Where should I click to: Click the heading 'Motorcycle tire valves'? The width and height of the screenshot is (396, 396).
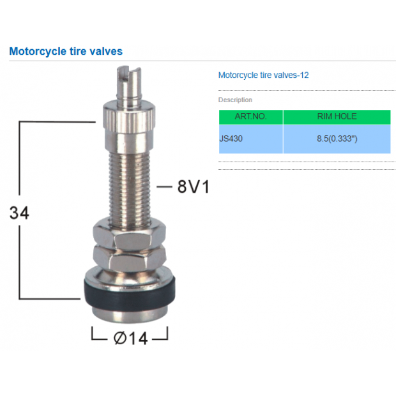[66, 51]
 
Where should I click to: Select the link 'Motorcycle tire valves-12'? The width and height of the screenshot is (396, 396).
[263, 75]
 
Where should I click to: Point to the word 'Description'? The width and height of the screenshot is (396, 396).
[235, 100]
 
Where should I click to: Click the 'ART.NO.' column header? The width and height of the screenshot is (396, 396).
[250, 117]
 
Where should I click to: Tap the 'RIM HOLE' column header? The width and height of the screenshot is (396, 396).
[337, 117]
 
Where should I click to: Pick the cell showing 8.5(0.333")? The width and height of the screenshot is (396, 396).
[337, 138]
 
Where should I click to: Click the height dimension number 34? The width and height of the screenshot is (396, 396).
[19, 213]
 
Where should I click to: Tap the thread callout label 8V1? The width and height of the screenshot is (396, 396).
[194, 187]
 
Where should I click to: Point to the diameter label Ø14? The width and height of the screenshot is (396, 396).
[130, 338]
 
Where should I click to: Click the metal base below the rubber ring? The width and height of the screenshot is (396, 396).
[130, 311]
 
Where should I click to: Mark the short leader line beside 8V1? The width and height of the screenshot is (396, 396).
[164, 187]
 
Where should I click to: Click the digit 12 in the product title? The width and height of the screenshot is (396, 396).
[305, 75]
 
